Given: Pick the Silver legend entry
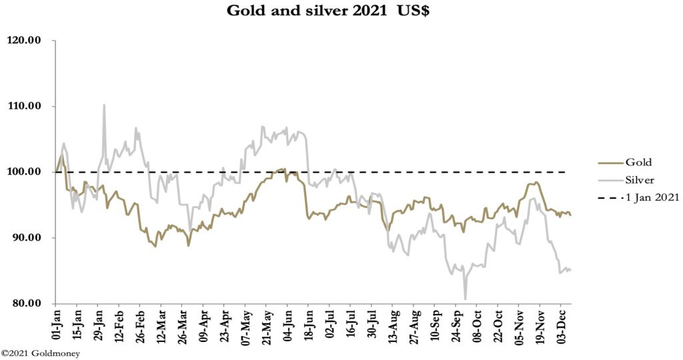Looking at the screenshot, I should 640,179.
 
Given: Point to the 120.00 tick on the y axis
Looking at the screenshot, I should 24,41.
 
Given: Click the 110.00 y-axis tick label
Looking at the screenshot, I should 24,107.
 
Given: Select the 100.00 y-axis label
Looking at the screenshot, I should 24,172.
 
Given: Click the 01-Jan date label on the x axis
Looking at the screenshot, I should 57,325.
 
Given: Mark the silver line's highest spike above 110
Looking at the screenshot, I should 104,105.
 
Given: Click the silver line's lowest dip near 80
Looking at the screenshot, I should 465,299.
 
